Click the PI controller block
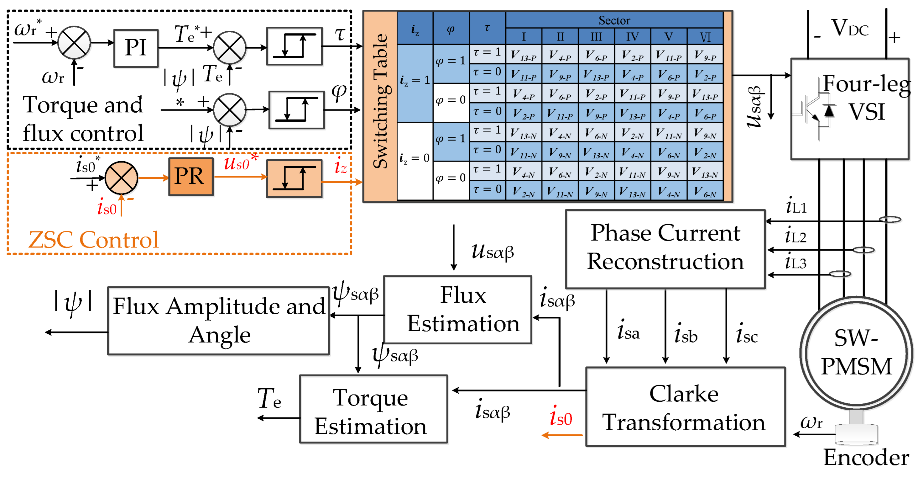(x=136, y=48)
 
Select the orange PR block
(x=191, y=177)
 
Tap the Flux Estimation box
(x=457, y=310)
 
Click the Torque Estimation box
(x=373, y=409)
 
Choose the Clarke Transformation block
(x=685, y=407)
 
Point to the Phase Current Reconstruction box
(x=665, y=249)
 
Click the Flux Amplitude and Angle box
(x=218, y=321)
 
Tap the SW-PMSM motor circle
(x=856, y=353)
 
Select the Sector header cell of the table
(x=614, y=20)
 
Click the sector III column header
(x=596, y=37)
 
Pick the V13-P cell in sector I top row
(x=523, y=55)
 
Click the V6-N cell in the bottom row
(x=705, y=192)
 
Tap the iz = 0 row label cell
(x=415, y=158)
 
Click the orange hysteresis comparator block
(x=295, y=178)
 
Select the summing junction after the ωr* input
(x=74, y=42)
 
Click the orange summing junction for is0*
(x=121, y=178)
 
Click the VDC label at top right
(x=850, y=28)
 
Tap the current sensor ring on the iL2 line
(x=863, y=250)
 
